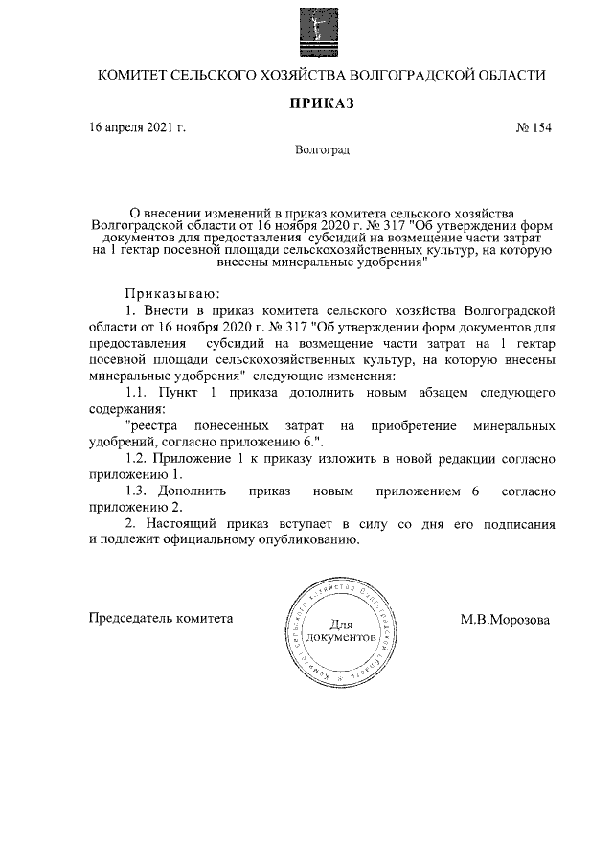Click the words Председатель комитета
click(161, 619)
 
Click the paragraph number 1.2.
click(138, 458)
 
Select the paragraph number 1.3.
click(138, 491)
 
